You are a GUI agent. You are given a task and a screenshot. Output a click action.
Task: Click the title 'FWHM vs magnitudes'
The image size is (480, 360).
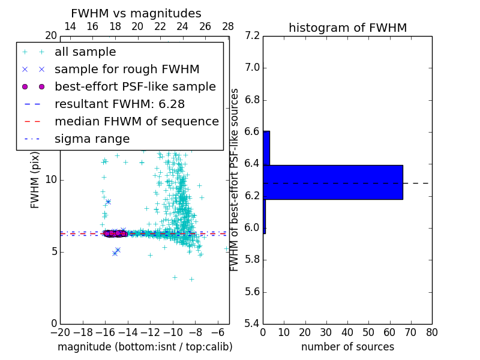click(136, 13)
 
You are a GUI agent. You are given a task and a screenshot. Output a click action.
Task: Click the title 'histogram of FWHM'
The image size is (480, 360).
click(347, 28)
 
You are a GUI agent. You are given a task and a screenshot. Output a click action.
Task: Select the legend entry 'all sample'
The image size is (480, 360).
click(85, 52)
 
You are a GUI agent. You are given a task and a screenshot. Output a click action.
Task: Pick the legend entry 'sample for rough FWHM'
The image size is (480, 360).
click(127, 70)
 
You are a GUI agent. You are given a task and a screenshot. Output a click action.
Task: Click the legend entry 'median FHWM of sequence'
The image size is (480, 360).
click(137, 121)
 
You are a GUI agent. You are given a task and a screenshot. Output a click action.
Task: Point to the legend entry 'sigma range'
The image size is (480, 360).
click(92, 139)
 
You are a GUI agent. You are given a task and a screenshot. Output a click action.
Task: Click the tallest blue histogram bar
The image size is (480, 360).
click(333, 182)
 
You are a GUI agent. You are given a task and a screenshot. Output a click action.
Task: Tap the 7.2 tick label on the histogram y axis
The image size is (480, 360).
click(251, 36)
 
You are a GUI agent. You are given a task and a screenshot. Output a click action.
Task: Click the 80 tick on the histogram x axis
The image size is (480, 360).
click(431, 332)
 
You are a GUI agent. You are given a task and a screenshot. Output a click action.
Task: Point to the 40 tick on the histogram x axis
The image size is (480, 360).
click(347, 332)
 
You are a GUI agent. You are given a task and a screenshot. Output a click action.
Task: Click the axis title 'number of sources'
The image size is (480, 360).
click(347, 347)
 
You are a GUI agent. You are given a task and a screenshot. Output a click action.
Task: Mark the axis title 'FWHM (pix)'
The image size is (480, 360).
click(35, 180)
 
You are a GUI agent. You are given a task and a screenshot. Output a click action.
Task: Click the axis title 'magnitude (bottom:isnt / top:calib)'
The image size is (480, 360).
click(145, 347)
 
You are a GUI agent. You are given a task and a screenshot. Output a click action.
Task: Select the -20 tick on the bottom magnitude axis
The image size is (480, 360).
click(60, 332)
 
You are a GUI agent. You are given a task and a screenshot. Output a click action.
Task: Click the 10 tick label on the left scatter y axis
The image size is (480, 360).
click(51, 180)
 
